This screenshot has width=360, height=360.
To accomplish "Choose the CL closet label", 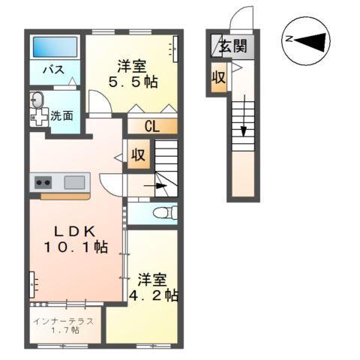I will click(151, 126).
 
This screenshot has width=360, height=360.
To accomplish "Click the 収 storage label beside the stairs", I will click(139, 156).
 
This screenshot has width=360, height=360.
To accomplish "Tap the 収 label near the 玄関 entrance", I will click(218, 78).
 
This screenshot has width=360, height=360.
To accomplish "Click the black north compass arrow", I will click(308, 40).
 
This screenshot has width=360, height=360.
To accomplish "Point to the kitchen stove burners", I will click(40, 181).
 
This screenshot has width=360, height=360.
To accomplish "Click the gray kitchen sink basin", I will click(74, 181).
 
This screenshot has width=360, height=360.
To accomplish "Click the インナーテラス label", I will click(64, 320).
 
